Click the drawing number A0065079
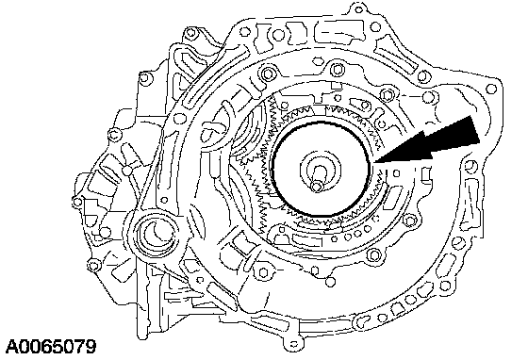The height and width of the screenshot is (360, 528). click(x=51, y=347)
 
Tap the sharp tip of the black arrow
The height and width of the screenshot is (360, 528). click(x=373, y=163)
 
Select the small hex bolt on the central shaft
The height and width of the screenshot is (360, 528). click(x=316, y=186)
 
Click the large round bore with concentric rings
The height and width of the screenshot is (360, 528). click(x=154, y=233)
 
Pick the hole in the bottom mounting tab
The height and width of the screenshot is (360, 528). click(x=294, y=344)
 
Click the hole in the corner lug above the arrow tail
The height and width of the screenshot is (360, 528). click(x=491, y=89)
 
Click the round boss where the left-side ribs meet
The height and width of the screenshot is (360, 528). click(x=127, y=171)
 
